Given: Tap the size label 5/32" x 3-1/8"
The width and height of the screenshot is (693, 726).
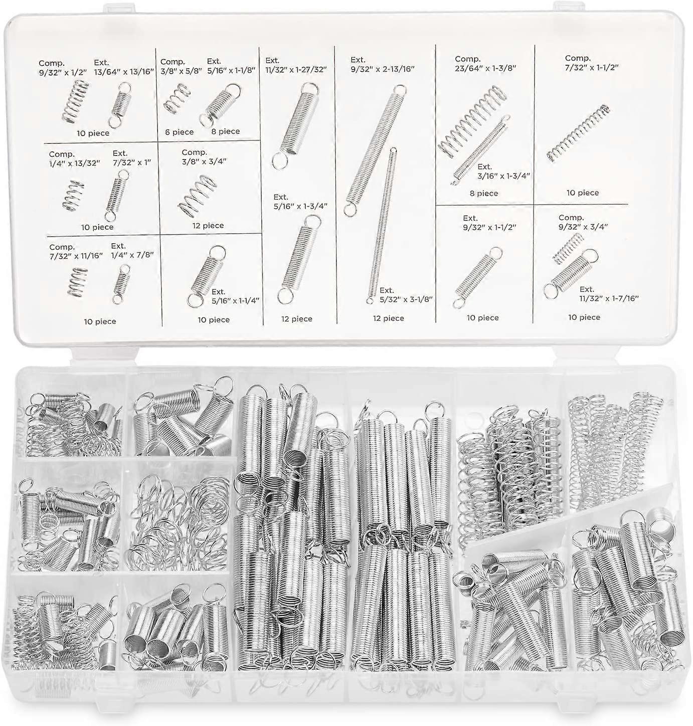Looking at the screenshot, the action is pyautogui.click(x=406, y=299).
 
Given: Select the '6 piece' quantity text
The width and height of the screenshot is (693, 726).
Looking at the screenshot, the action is pyautogui.click(x=179, y=132).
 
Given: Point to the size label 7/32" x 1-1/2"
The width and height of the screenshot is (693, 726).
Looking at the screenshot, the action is pyautogui.click(x=591, y=67).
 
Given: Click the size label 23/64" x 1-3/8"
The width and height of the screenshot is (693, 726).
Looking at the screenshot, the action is pyautogui.click(x=485, y=68).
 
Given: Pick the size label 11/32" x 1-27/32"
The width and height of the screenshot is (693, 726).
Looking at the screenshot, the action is pyautogui.click(x=296, y=69).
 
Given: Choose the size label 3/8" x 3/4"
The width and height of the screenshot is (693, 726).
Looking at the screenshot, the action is pyautogui.click(x=204, y=161).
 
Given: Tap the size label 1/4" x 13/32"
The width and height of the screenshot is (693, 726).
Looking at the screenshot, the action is pyautogui.click(x=75, y=163).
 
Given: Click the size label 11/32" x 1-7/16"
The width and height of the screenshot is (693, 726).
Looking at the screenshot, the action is pyautogui.click(x=609, y=298).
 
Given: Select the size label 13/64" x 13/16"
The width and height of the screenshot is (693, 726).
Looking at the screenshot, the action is pyautogui.click(x=124, y=72).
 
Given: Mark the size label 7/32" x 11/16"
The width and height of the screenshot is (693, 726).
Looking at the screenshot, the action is pyautogui.click(x=76, y=256).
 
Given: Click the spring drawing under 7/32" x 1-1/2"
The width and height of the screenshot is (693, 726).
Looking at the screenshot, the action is pyautogui.click(x=578, y=134).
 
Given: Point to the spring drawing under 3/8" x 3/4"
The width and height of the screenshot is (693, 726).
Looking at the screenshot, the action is pyautogui.click(x=197, y=196).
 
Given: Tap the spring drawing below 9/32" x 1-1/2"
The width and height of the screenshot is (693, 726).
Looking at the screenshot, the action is pyautogui.click(x=477, y=278).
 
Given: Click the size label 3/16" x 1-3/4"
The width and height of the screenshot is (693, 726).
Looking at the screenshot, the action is pyautogui.click(x=504, y=176).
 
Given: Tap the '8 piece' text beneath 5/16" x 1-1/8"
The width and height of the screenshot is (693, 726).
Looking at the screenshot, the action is pyautogui.click(x=225, y=131).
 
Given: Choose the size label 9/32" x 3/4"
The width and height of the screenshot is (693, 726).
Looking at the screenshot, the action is pyautogui.click(x=583, y=226).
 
